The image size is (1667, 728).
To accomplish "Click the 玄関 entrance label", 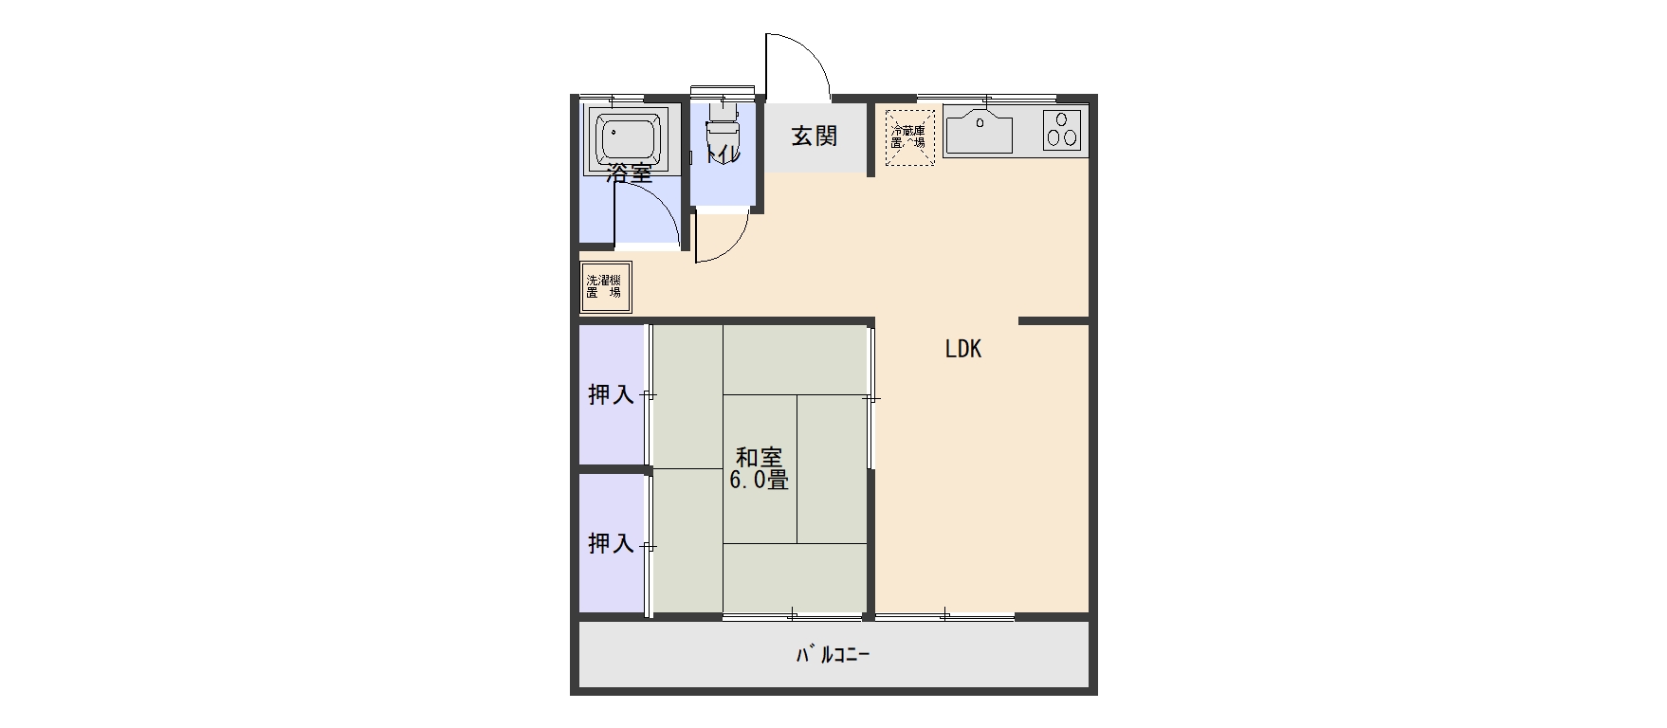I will [x=815, y=136].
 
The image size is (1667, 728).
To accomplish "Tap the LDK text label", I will [x=962, y=349].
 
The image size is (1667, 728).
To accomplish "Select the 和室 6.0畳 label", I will [x=758, y=468].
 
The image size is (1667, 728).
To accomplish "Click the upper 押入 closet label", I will [x=611, y=394].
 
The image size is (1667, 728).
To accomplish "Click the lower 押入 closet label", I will [x=611, y=543].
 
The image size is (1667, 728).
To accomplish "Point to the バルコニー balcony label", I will [x=832, y=654].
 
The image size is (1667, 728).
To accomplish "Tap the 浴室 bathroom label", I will [x=630, y=173].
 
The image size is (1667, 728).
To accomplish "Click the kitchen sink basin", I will [x=980, y=132].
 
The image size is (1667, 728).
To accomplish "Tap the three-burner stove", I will [x=1062, y=130].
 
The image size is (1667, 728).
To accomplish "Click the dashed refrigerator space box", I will [x=910, y=137].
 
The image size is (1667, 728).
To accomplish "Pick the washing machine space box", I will [x=605, y=286].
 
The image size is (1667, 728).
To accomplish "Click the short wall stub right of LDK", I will [x=1053, y=321].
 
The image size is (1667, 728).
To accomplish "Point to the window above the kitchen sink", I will [x=986, y=98].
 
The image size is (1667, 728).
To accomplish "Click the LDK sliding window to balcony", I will [x=944, y=616].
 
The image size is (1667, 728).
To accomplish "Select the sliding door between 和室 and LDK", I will [x=870, y=398].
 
